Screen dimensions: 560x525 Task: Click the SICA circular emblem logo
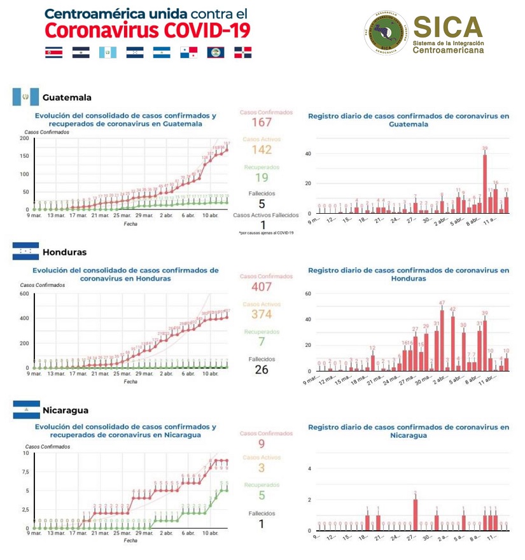point(386,32)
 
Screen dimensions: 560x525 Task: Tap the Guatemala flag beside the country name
point(25,97)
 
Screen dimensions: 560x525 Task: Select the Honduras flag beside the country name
point(25,251)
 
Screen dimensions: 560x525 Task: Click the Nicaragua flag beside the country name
point(26,410)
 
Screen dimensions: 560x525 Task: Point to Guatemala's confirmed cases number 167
point(262,122)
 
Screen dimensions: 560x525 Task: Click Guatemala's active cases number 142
point(262,150)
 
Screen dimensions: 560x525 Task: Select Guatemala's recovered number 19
point(262,178)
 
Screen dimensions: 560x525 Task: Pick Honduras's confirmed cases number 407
point(262,286)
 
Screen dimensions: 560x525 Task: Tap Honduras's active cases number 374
point(262,314)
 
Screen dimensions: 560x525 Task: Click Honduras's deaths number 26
point(262,370)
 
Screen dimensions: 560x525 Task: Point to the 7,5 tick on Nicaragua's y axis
point(25,472)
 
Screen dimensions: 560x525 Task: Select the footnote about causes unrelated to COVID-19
point(266,233)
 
